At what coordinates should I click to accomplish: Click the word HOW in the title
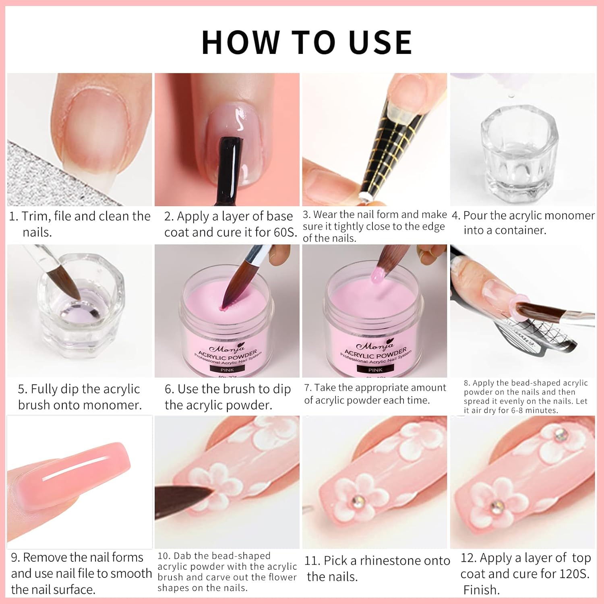coord(241,42)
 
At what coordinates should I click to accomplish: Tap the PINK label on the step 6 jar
coord(227,369)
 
